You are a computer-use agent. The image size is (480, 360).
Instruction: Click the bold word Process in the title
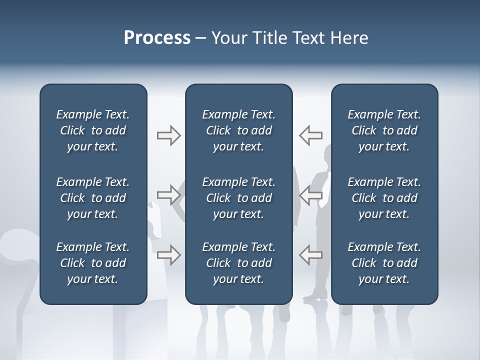click(x=157, y=38)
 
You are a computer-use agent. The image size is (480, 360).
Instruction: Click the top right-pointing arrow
click(x=168, y=135)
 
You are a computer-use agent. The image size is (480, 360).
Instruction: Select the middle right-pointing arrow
click(x=168, y=195)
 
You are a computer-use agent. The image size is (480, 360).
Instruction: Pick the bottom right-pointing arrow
click(x=168, y=254)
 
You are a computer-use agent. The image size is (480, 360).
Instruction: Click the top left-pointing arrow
click(x=310, y=135)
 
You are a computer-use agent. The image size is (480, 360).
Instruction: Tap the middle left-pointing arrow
click(x=310, y=195)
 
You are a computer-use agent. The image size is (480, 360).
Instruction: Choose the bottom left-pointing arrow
click(x=310, y=254)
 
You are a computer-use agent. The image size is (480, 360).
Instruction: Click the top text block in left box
click(x=93, y=130)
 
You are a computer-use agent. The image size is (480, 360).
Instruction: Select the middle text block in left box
click(x=93, y=198)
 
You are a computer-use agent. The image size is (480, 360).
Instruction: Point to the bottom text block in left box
click(x=93, y=263)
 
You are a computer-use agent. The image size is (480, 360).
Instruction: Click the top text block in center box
click(x=239, y=130)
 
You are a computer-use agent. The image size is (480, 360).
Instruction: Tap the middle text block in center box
click(x=239, y=198)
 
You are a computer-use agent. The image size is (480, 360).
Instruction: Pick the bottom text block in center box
click(x=239, y=263)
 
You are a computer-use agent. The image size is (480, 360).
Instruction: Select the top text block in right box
click(x=384, y=130)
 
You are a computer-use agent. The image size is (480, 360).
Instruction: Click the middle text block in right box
click(x=384, y=198)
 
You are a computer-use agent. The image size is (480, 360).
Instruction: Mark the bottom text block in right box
click(x=384, y=263)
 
